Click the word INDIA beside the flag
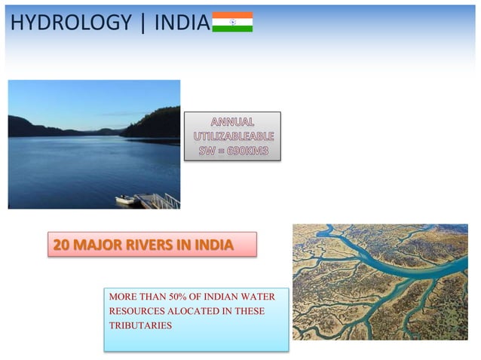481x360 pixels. click(182, 23)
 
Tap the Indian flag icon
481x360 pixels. click(232, 22)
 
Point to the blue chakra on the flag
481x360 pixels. click(232, 22)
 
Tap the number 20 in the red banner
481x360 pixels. click(61, 245)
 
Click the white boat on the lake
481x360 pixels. click(125, 199)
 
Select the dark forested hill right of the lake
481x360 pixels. click(155, 122)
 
